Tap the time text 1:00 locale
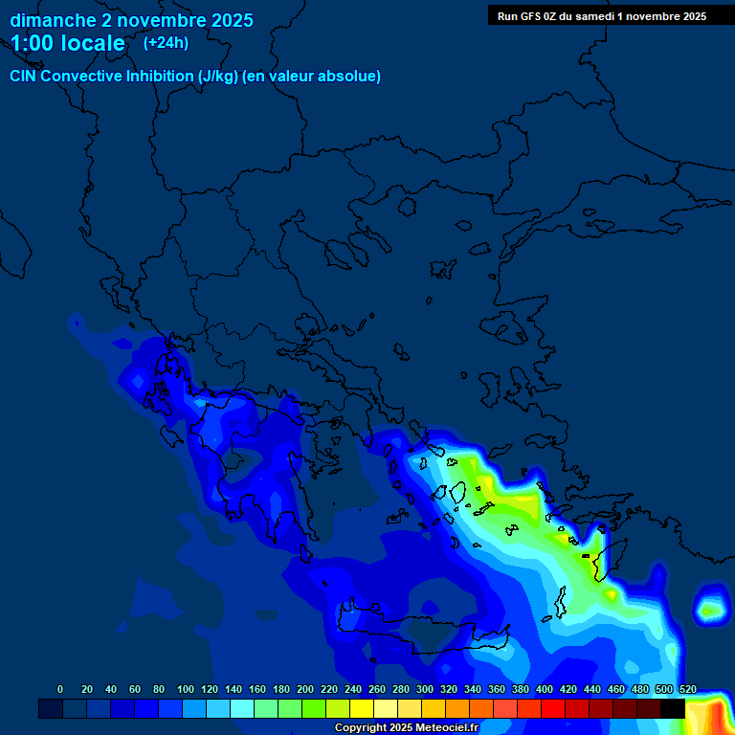(67, 44)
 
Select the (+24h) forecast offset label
(166, 43)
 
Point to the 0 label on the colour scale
(60, 689)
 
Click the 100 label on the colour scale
(185, 689)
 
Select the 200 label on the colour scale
(304, 689)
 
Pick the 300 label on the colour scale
(424, 689)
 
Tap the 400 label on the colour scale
(544, 689)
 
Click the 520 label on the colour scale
(687, 689)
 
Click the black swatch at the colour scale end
(672, 708)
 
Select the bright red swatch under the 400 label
(552, 708)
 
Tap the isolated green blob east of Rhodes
(709, 608)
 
